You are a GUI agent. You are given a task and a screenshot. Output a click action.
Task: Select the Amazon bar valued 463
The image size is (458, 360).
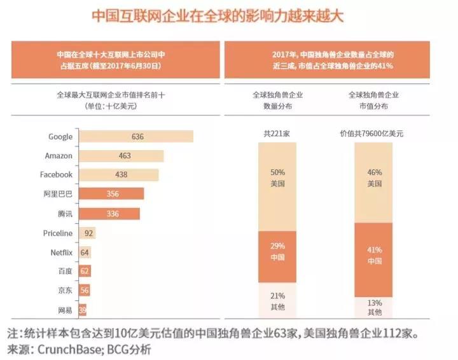(120, 156)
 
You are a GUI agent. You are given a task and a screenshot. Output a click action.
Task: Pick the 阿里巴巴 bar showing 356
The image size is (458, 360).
(111, 194)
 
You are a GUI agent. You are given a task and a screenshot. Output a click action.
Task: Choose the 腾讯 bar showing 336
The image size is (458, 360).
(109, 213)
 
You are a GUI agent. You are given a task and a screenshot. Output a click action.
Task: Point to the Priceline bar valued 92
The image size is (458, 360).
(87, 233)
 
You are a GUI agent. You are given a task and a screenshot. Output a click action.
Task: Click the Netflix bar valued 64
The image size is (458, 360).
(85, 253)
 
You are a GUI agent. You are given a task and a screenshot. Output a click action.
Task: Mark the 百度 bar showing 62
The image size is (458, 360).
(85, 272)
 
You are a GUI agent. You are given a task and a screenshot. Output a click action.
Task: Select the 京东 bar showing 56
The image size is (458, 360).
(84, 291)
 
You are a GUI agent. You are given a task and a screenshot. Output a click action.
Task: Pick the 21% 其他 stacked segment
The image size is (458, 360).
(277, 300)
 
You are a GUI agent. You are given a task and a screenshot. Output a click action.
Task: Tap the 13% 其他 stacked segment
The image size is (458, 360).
(374, 307)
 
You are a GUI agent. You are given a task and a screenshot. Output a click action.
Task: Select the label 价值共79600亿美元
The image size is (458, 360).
(374, 134)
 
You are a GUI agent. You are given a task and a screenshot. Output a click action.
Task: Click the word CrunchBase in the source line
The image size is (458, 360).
(69, 349)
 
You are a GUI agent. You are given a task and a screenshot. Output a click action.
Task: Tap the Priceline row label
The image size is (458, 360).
(58, 233)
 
